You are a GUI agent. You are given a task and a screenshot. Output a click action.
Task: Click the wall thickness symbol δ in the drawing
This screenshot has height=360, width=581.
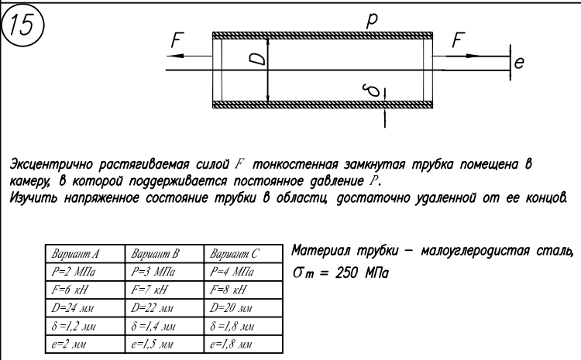[374, 91]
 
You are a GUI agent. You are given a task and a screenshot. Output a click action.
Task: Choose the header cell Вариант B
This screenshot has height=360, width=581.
[156, 253]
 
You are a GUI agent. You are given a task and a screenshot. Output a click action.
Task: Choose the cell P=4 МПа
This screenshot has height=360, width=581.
[232, 273]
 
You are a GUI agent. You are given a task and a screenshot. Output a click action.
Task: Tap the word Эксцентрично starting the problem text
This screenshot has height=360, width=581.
[53, 164]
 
